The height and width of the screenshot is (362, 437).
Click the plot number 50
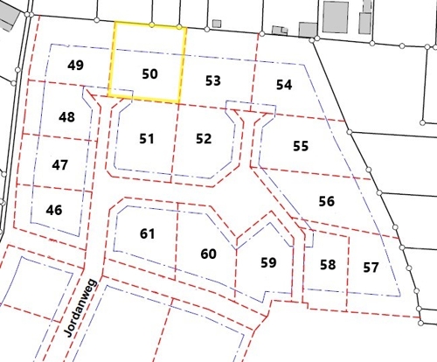(x=149, y=73)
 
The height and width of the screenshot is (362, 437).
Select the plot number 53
(x=212, y=80)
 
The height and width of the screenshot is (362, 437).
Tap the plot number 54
(x=283, y=85)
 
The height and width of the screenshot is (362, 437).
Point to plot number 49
(x=75, y=66)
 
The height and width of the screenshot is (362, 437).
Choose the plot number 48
(x=67, y=117)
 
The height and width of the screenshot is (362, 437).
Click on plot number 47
(x=60, y=164)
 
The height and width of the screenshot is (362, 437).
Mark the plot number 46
(x=54, y=210)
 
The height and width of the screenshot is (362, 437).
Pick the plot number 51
(x=146, y=138)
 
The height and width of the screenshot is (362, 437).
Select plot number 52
(x=204, y=138)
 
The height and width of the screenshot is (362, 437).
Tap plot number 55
(x=301, y=146)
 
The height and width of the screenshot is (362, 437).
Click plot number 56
(x=326, y=201)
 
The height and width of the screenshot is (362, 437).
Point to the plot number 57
(x=371, y=266)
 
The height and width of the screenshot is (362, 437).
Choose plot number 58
(x=328, y=265)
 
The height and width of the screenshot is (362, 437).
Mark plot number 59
(x=268, y=261)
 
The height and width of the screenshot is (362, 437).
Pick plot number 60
(x=208, y=254)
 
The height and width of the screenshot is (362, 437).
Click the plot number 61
(x=147, y=233)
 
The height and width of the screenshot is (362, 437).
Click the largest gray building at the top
(x=336, y=17)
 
